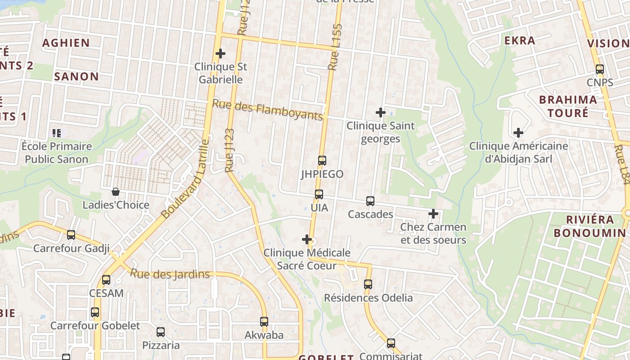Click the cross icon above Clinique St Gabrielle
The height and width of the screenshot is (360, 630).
click(220, 54)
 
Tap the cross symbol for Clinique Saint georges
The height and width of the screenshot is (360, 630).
click(381, 112)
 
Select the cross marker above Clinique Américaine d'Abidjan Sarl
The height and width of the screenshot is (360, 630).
click(518, 133)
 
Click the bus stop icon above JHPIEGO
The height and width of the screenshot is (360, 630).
click(322, 161)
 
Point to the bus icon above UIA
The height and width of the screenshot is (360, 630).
click(319, 194)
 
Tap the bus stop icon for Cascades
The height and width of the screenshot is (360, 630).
click(370, 201)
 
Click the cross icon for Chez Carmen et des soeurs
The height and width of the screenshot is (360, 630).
click(433, 214)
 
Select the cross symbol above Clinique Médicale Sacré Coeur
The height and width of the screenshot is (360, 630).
click(307, 239)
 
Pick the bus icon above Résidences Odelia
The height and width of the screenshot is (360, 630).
click(368, 284)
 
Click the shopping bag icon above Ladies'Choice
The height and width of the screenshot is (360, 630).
click(116, 192)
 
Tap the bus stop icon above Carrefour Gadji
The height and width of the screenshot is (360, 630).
click(71, 235)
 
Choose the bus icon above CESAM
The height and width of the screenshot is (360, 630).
click(106, 280)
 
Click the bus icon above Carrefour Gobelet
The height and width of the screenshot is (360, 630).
click(95, 312)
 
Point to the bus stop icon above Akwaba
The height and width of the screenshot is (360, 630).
click(264, 322)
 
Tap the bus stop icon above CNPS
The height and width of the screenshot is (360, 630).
click(600, 69)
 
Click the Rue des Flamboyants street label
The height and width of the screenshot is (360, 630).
click(267, 110)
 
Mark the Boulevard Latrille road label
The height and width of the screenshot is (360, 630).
click(185, 179)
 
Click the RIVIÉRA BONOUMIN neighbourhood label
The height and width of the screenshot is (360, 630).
click(589, 226)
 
